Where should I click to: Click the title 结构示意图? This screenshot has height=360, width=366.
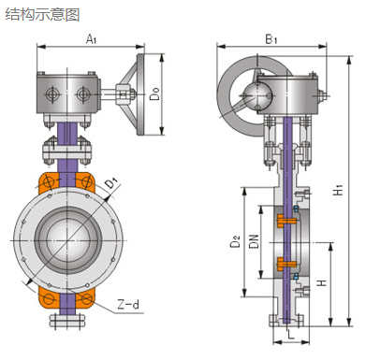tap(42, 14)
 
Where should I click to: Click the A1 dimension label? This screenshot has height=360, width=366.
tap(91, 39)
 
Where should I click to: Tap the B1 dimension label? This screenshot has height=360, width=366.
tap(271, 39)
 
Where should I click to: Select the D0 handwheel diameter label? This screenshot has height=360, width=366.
tap(154, 94)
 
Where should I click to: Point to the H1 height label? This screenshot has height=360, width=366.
tap(338, 190)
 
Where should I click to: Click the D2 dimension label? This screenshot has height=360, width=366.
tap(236, 241)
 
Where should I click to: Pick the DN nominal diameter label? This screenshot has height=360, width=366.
tap(255, 241)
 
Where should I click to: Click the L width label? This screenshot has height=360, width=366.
tap(291, 335)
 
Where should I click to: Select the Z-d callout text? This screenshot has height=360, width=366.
tap(128, 304)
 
